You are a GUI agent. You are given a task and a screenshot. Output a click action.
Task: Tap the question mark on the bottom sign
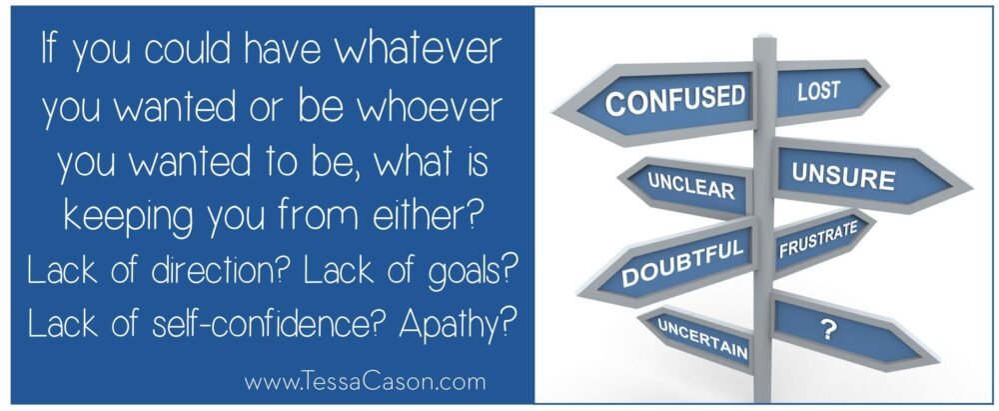tap(828, 331)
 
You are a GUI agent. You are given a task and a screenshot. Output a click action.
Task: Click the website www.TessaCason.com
tap(365, 382)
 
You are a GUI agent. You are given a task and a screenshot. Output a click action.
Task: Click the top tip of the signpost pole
tap(764, 36)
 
